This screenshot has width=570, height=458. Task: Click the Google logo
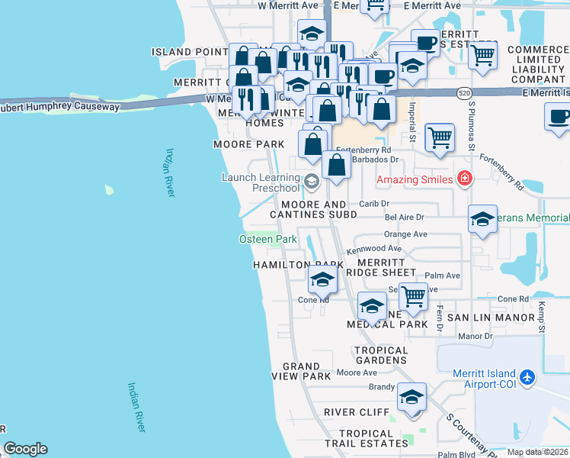[x=25, y=449]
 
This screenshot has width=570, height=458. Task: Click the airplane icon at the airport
[x=527, y=377]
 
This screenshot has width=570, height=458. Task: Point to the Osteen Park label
[x=267, y=239]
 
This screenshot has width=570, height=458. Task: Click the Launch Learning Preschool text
[x=261, y=182]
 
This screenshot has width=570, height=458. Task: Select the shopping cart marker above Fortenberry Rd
[x=440, y=137]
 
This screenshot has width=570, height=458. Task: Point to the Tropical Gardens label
[x=381, y=355]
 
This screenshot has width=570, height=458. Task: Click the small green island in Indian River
[x=109, y=188]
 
